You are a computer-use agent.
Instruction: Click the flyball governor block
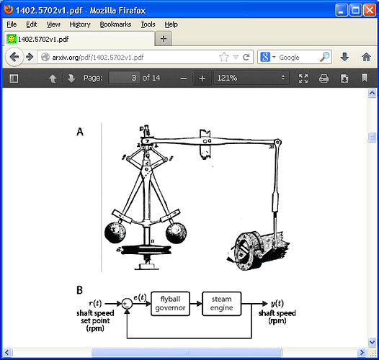174,304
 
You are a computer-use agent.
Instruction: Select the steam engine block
221,304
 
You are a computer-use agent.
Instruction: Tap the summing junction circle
128,304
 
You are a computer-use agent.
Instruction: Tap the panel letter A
80,132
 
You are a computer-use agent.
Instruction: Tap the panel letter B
80,290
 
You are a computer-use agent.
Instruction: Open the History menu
80,24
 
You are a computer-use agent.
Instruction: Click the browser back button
14,57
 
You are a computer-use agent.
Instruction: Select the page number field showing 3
124,78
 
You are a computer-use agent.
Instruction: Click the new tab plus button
164,39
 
